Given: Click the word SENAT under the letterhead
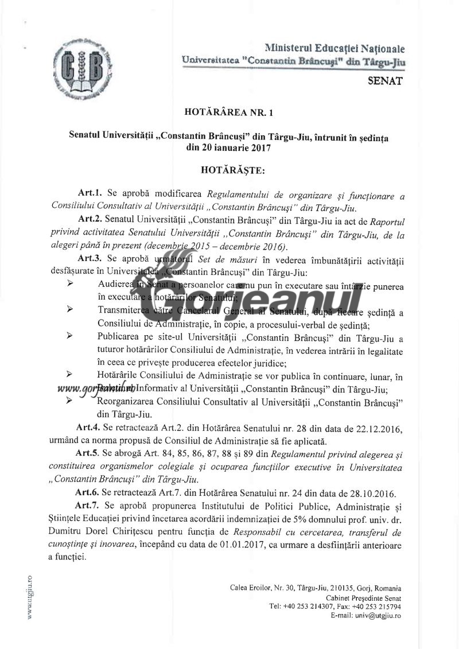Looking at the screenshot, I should [x=384, y=81].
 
